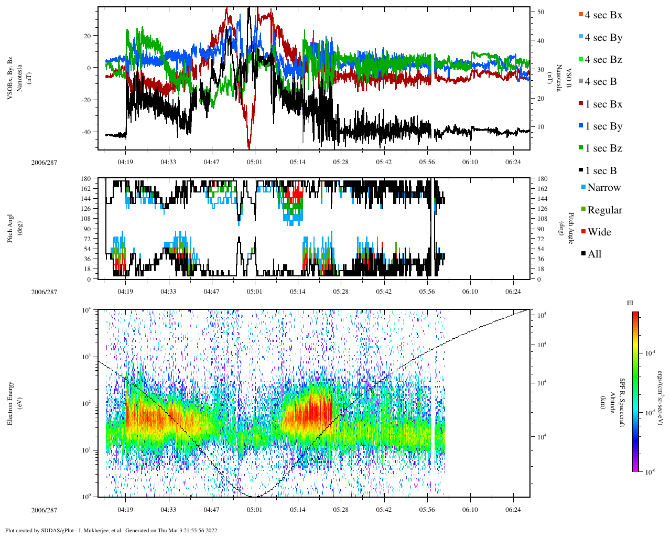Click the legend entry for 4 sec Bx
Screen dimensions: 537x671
(x=603, y=15)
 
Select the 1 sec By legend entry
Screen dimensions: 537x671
(x=603, y=126)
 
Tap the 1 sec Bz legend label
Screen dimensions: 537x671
(x=603, y=148)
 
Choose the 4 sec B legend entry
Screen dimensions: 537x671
(x=600, y=82)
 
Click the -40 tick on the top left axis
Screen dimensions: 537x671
(x=85, y=132)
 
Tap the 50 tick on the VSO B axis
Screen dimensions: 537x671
(x=540, y=12)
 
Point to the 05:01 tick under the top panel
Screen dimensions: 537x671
(x=255, y=162)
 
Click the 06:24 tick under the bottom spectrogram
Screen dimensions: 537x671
(x=513, y=510)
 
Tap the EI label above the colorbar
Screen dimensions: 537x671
(x=630, y=303)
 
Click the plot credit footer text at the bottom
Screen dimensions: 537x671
(x=112, y=530)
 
